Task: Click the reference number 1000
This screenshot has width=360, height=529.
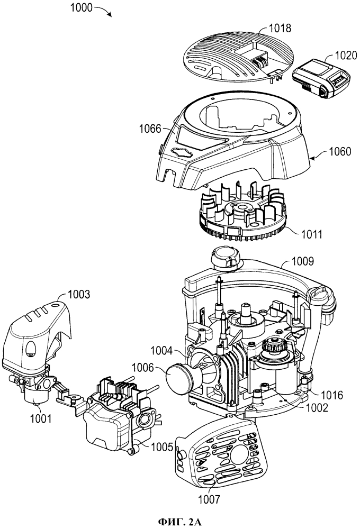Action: coord(82,7)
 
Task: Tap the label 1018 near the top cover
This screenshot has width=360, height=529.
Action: coord(280,28)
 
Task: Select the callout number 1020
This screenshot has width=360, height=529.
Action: coord(346,55)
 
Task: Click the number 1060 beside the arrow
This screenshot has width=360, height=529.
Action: coord(340,151)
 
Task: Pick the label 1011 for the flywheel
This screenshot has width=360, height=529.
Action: coord(311,234)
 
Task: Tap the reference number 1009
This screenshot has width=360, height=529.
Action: coord(303,261)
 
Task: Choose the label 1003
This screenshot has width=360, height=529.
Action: coord(79,294)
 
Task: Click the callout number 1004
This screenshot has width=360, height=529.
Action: coord(161,351)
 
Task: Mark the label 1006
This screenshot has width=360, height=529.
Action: coord(142,368)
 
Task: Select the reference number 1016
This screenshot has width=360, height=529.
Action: coord(332,395)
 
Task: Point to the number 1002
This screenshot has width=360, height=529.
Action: coord(317,407)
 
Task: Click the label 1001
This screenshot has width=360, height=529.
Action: coord(41,418)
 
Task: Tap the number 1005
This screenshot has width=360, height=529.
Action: coord(162,448)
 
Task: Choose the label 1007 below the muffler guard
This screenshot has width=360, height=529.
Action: coord(209,499)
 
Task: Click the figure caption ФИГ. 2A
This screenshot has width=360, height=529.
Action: coord(180,522)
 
